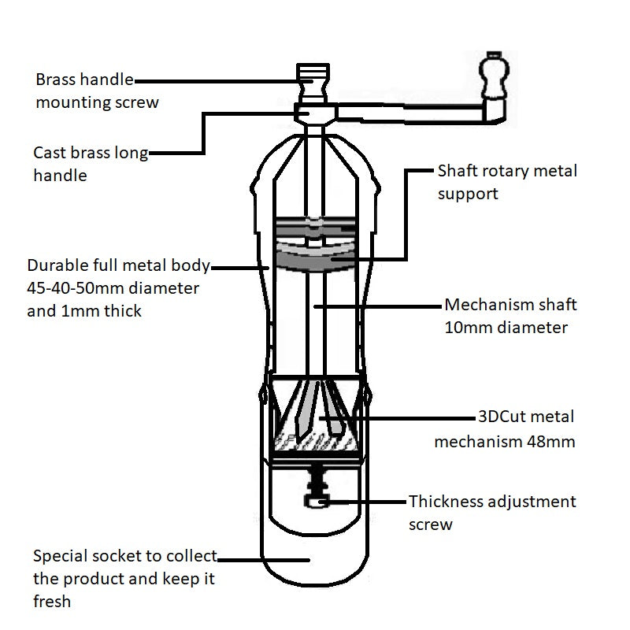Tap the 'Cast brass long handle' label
(91, 164)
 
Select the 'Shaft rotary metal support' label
(506, 182)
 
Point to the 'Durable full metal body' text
(118, 265)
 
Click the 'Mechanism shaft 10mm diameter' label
(510, 316)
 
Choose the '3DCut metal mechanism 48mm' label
(505, 428)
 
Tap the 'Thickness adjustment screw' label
(492, 513)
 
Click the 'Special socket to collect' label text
(124, 556)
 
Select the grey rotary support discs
(315, 244)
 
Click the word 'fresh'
(52, 602)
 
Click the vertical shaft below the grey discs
(314, 323)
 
